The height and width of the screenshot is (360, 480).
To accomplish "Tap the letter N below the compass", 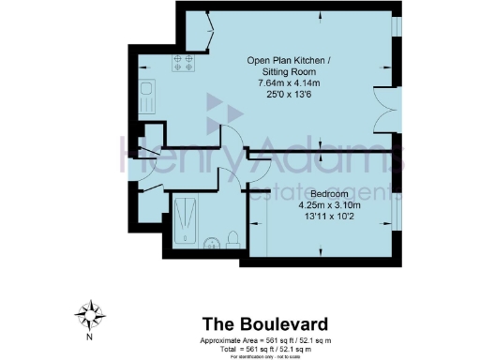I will [x=89, y=335].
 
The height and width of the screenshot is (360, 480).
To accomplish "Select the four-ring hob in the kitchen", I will [x=183, y=65].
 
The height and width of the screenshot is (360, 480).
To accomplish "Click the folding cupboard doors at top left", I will [x=197, y=34].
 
